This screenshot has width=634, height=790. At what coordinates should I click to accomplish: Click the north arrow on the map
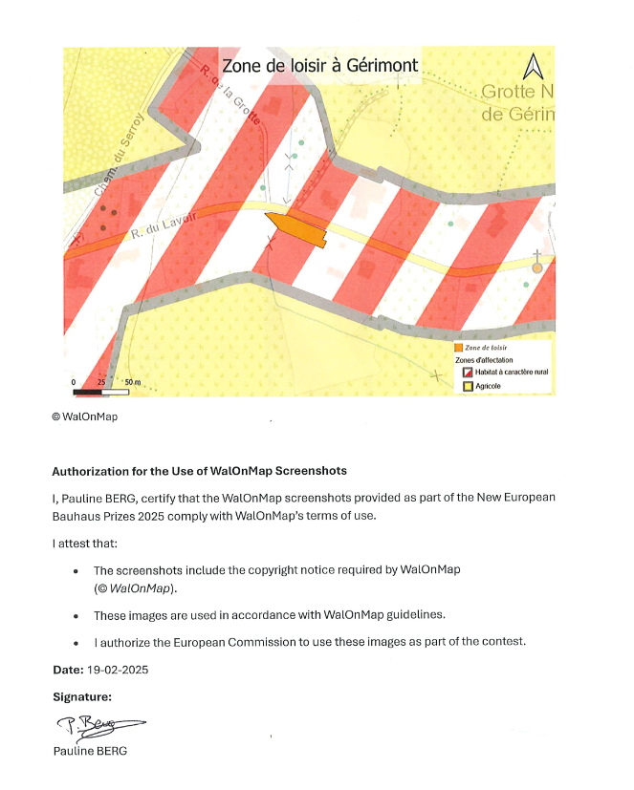pyautogui.click(x=533, y=67)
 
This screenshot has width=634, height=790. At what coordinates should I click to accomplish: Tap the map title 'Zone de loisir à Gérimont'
pyautogui.click(x=319, y=67)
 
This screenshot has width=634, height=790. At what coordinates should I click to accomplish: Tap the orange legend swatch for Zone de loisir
pyautogui.click(x=459, y=348)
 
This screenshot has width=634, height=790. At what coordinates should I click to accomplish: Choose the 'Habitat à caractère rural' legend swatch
pyautogui.click(x=468, y=372)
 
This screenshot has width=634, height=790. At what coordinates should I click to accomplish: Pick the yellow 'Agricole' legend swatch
pyautogui.click(x=468, y=387)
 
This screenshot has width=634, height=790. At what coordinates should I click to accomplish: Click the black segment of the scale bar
pyautogui.click(x=87, y=392)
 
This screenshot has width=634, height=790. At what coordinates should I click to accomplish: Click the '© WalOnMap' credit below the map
pyautogui.click(x=84, y=416)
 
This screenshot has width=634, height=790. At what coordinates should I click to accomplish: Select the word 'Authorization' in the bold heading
pyautogui.click(x=89, y=471)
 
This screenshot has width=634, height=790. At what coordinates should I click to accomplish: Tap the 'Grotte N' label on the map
pyautogui.click(x=516, y=93)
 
